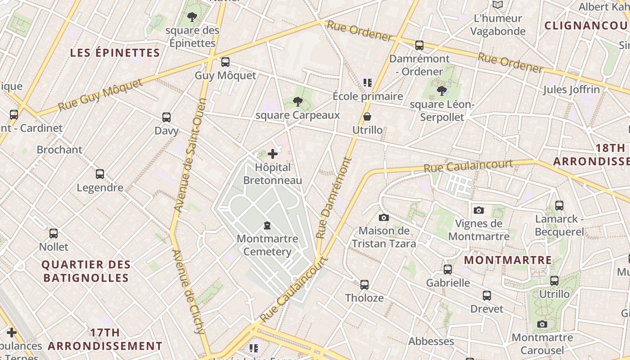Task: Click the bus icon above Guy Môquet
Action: (x=225, y=62)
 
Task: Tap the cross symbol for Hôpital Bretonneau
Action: (x=272, y=154)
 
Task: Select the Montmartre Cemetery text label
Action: (x=267, y=245)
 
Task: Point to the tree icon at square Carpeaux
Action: (x=297, y=102)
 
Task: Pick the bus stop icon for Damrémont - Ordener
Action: (x=419, y=45)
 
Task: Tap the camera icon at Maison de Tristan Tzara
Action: (x=383, y=218)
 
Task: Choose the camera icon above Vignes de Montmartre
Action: (x=479, y=210)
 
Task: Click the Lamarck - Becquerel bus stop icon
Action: (x=559, y=206)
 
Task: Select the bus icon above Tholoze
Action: (x=364, y=284)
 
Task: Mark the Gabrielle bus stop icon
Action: (x=448, y=270)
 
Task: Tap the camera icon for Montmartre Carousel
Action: (x=542, y=324)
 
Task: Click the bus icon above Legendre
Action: (x=100, y=174)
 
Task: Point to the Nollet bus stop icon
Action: (x=54, y=234)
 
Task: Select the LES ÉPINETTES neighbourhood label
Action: (x=115, y=53)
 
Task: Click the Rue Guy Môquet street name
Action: (x=100, y=95)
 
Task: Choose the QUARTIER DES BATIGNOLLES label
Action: (x=86, y=271)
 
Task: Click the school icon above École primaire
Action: (x=368, y=82)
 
